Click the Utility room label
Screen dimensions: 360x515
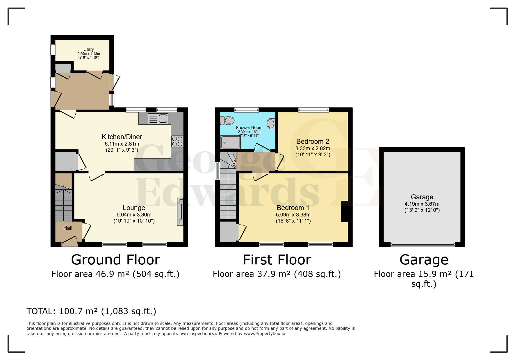click(x=89, y=49)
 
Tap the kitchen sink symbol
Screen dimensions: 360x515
click(x=158, y=119)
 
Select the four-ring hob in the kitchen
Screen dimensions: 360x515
click(x=177, y=141)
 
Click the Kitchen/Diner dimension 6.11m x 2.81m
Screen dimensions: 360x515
click(x=122, y=144)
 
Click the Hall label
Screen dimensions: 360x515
click(x=68, y=228)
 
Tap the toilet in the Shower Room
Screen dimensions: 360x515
click(x=227, y=120)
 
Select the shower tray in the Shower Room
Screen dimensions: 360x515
click(x=230, y=142)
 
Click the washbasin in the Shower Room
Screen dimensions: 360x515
click(x=271, y=123)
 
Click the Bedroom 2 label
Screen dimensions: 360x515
click(x=313, y=142)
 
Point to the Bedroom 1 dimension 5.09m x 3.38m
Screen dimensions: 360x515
click(x=293, y=215)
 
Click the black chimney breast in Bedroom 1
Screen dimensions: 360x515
click(x=344, y=211)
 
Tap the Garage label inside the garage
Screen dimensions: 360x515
click(x=422, y=197)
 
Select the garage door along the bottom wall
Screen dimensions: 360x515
click(x=423, y=245)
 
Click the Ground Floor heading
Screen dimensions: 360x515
click(x=115, y=260)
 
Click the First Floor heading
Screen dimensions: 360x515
click(x=277, y=260)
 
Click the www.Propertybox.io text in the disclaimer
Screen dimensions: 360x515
click(x=264, y=334)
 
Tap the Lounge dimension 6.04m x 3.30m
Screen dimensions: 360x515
click(x=134, y=215)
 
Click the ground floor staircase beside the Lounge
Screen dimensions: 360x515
click(x=63, y=203)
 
